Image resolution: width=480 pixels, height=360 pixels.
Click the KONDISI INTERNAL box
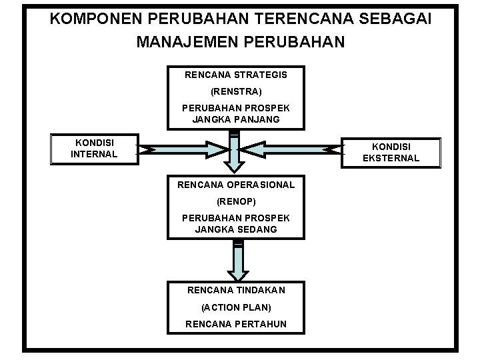click(94, 149)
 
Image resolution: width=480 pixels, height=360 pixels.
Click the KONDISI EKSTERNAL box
click(391, 153)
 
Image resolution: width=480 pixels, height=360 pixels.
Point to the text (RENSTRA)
click(236, 91)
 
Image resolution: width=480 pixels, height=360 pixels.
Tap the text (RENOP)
click(236, 200)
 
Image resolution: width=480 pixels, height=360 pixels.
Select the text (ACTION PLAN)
click(236, 307)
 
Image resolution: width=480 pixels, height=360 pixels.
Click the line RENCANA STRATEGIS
click(236, 75)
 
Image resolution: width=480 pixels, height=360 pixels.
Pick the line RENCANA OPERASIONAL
click(236, 184)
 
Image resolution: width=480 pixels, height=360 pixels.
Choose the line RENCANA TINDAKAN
click(236, 290)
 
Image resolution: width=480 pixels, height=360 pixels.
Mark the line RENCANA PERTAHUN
click(236, 324)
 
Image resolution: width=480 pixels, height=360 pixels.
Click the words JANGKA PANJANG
click(236, 120)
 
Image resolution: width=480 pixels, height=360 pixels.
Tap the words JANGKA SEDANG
click(236, 229)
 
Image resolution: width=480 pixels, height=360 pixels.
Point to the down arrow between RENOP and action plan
click(237, 261)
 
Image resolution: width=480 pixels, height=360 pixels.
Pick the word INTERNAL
click(94, 154)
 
